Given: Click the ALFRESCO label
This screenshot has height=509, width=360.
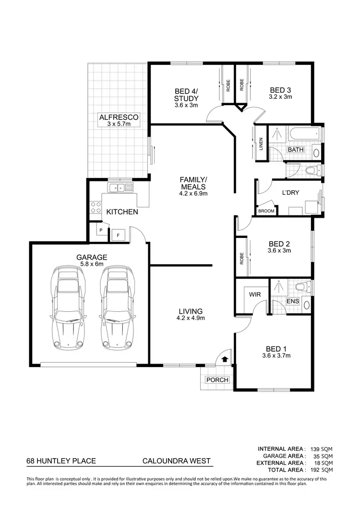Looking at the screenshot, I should (119, 117).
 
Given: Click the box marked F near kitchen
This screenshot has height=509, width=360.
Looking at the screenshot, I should (118, 235).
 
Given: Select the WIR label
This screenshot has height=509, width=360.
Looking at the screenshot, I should (255, 295).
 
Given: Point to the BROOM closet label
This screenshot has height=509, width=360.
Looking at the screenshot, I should (266, 211).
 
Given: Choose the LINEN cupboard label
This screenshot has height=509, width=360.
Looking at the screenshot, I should (261, 143).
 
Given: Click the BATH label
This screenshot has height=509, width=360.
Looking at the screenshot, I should (295, 150).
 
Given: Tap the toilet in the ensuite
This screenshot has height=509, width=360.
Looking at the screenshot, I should (301, 287).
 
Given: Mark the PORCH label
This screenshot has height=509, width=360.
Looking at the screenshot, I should (217, 380).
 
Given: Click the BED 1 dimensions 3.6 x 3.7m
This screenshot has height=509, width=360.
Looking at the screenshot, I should (276, 356).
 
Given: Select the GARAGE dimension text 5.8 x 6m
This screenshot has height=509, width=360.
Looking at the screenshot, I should (91, 264).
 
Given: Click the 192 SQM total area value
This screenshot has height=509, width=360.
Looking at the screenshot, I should (321, 471).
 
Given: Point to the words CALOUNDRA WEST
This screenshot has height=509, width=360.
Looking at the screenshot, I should (177, 462).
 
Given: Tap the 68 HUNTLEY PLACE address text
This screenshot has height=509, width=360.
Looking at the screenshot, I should (61, 462).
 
